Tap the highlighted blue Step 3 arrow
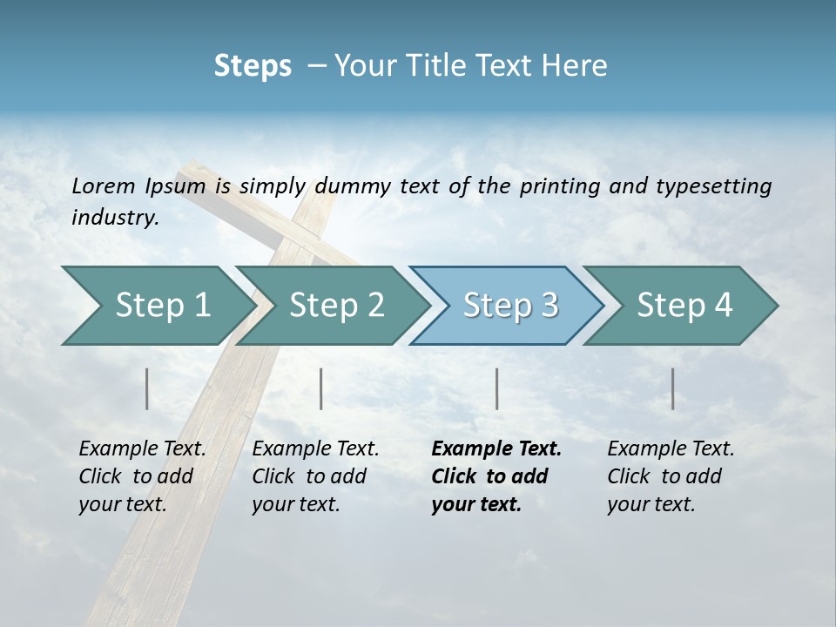[x=508, y=306]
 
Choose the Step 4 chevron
[x=682, y=306]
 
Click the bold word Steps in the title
[x=253, y=65]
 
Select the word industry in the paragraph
[x=114, y=217]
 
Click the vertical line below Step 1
[x=147, y=388]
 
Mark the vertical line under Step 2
[x=321, y=388]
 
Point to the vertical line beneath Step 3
[x=496, y=388]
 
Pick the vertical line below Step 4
[x=672, y=388]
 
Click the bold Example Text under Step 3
[x=496, y=449]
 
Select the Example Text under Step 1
[x=142, y=449]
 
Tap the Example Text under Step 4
[x=671, y=449]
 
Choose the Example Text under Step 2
[x=315, y=449]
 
